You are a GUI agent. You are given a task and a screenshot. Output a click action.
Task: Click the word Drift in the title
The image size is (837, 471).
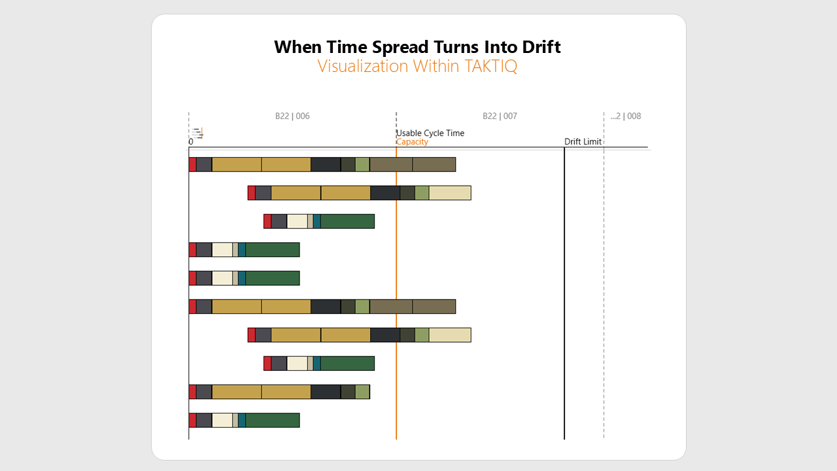coord(538,47)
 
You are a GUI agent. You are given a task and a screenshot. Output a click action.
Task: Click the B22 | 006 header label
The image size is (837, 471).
coord(292,116)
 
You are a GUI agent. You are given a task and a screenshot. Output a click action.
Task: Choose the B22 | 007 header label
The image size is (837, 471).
coord(500,116)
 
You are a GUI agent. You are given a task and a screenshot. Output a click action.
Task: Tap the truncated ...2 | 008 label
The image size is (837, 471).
coord(625,116)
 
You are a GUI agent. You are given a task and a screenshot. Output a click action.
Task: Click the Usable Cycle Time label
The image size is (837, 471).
coord(430,133)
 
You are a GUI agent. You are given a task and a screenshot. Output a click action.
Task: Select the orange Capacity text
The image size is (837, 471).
coord(412,142)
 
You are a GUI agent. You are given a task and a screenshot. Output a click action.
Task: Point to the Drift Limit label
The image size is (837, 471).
coord(583,142)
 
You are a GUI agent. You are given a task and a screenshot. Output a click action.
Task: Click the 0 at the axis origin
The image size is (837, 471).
coord(191,142)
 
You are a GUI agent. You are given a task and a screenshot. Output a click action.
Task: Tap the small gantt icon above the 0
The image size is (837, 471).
coord(197,133)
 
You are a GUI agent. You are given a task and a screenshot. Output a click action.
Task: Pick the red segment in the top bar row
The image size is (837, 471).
coord(192,165)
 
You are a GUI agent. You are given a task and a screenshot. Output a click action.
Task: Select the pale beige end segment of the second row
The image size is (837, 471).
coord(450,193)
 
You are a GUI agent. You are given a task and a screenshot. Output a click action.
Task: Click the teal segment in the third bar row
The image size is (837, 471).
coord(316,221)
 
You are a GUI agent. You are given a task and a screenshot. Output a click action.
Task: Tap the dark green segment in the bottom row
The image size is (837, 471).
coord(272,420)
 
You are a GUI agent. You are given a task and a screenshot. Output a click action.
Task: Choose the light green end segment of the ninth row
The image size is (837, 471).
coord(362,392)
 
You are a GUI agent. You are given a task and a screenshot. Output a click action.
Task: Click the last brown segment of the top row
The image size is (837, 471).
coord(434,165)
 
